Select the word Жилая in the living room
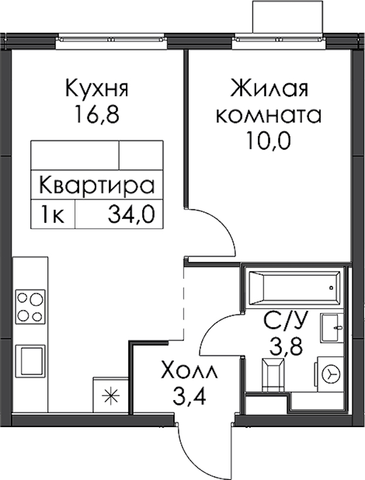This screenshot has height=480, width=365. pyautogui.click(x=269, y=88)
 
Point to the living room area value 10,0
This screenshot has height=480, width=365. pyautogui.click(x=269, y=141)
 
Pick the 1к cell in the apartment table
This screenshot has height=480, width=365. pyautogui.click(x=53, y=215)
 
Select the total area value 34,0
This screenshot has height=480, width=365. pyautogui.click(x=131, y=215)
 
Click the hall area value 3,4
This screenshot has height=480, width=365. pyautogui.click(x=189, y=395)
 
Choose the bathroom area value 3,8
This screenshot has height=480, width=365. pyautogui.click(x=286, y=346)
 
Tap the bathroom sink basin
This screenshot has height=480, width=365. pyautogui.click(x=332, y=328)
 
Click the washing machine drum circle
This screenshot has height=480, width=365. pyautogui.click(x=332, y=374)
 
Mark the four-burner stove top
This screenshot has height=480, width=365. pyautogui.click(x=30, y=307)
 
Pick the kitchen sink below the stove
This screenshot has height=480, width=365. pyautogui.click(x=30, y=360)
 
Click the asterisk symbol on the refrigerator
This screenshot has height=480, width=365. pyautogui.click(x=111, y=397)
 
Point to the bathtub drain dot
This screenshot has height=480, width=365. pyautogui.click(x=331, y=288)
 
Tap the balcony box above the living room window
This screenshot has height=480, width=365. pyautogui.click(x=288, y=16)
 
